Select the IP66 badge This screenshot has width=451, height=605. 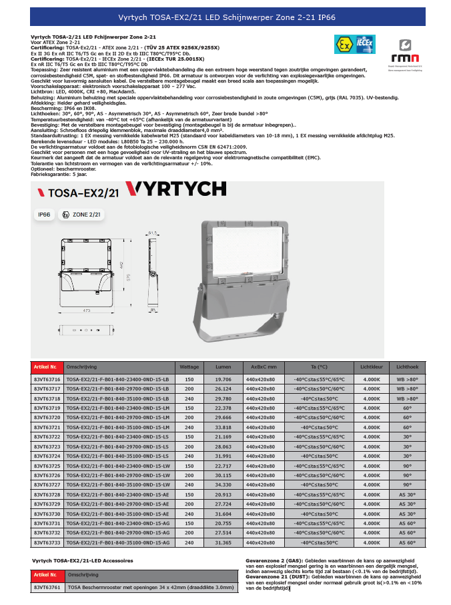coord(45,215)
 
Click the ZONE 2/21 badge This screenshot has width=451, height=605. coord(81,215)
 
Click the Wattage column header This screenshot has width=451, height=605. coord(185,366)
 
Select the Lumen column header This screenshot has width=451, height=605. coord(223,366)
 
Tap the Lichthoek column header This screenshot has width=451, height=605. coord(407,366)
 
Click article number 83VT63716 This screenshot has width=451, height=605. coord(47,379)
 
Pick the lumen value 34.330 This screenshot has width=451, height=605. coord(223,484)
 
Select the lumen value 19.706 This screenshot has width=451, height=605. coord(223,379)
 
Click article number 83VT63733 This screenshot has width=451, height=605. coord(47,543)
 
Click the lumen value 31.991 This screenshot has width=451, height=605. coord(223,456)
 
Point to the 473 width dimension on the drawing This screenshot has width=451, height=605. coord(86,310)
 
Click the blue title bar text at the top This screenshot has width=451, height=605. coord(225,16)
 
